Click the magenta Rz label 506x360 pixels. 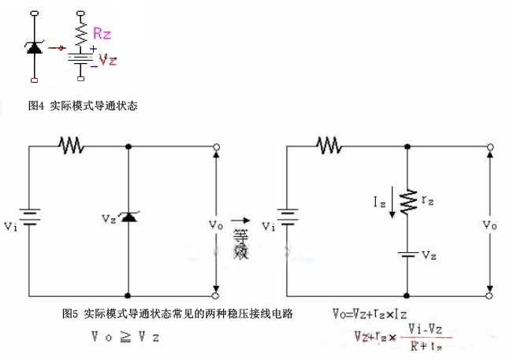point(102,33)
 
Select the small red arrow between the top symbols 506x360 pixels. point(55,47)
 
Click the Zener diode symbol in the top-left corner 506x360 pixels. point(34,47)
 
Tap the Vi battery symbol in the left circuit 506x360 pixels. point(30,216)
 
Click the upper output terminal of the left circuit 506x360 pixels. point(216,147)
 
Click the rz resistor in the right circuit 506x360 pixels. point(407,201)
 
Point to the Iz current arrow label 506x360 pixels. point(380,203)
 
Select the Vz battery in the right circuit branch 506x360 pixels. point(407,255)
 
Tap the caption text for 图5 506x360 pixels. point(177,314)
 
